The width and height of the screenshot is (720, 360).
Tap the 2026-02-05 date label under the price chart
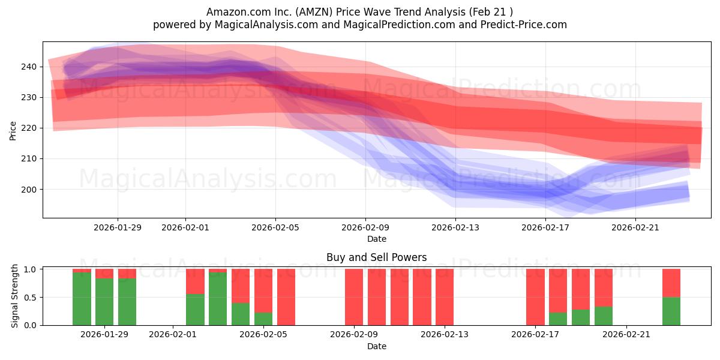pyautogui.click(x=275, y=227)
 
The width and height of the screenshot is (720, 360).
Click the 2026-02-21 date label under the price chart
pyautogui.click(x=636, y=227)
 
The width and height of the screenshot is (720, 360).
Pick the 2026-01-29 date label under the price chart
pyautogui.click(x=118, y=227)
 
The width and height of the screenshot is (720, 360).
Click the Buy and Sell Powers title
pyautogui.click(x=376, y=257)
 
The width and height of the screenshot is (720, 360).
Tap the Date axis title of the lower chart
pyautogui.click(x=376, y=346)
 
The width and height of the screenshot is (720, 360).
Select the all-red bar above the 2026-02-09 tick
pyautogui.click(x=354, y=297)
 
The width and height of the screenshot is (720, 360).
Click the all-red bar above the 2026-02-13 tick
pyautogui.click(x=445, y=297)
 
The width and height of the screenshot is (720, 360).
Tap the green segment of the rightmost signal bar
pyautogui.click(x=671, y=311)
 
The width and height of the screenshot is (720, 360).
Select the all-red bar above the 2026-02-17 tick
pyautogui.click(x=535, y=297)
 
